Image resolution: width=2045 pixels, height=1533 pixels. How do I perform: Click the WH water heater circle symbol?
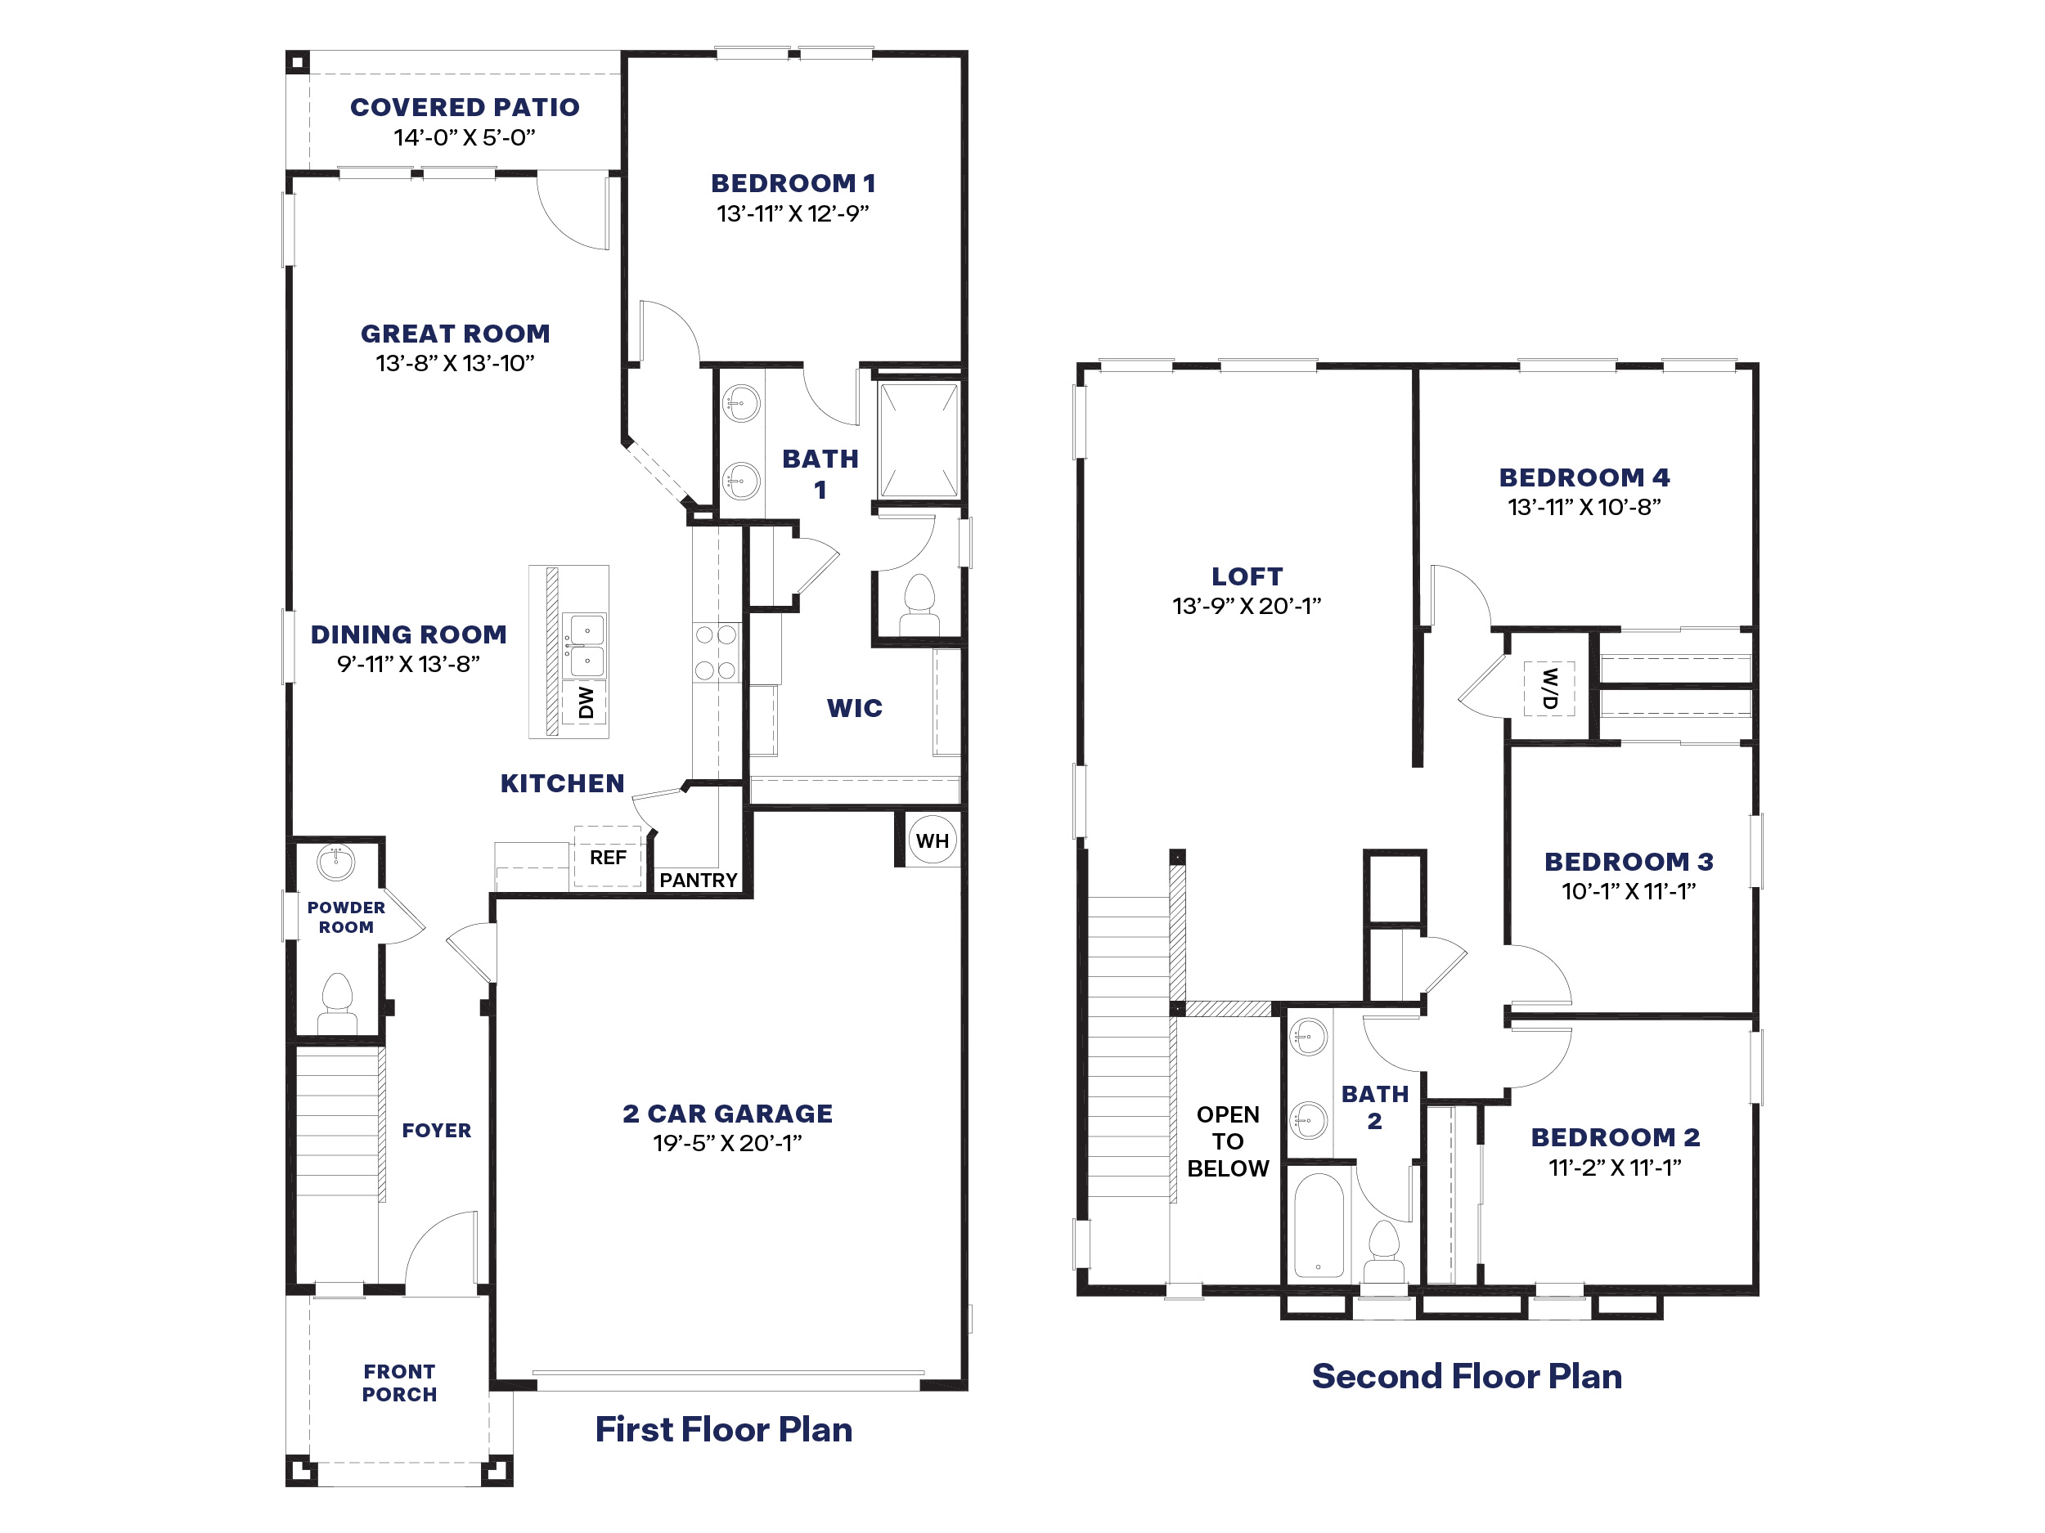932,840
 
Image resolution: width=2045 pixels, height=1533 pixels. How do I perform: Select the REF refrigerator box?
608,858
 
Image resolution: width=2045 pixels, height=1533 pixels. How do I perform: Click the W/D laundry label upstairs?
1549,688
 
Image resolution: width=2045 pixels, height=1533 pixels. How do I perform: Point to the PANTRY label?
698,881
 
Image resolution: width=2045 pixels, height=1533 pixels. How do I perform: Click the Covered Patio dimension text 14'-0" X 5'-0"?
464,137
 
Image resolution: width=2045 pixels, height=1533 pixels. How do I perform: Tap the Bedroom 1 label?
793,183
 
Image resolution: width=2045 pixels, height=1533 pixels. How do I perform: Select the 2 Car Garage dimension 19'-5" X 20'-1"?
726,1143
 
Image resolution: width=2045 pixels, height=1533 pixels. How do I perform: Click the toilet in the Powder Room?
338,1002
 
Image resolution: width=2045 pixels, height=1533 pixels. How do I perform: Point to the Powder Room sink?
335,862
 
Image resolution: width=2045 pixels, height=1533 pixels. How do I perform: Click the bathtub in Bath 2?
1319,1226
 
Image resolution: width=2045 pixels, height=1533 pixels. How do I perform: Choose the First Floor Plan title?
723,1429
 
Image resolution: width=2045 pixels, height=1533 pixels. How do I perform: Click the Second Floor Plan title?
1466,1376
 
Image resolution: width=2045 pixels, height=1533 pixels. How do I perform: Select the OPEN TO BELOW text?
1228,1141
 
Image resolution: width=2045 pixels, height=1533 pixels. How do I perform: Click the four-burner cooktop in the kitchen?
716,652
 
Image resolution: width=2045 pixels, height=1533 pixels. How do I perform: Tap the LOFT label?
1247,576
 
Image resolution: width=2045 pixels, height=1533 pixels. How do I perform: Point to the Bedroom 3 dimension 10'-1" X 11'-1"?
1628,892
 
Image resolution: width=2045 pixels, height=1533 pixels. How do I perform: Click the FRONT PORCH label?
399,1383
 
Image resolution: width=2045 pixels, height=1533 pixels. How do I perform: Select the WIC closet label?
854,708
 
